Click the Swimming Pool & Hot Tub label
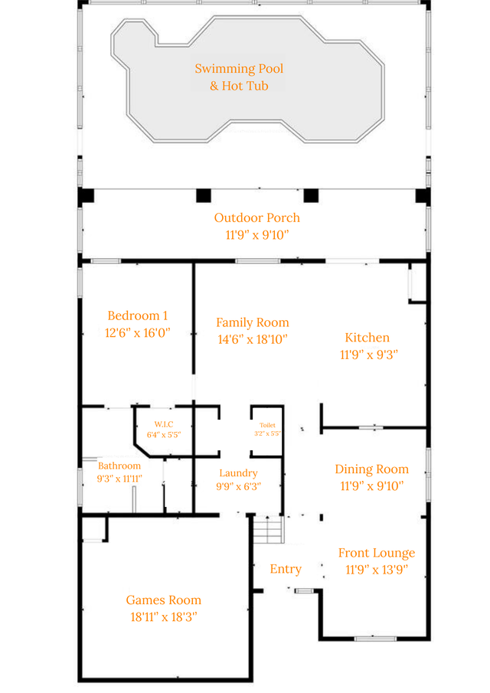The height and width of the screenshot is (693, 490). [239, 77]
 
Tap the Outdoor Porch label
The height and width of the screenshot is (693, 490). [257, 217]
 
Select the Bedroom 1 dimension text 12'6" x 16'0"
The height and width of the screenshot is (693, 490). [137, 332]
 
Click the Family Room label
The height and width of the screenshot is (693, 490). [253, 322]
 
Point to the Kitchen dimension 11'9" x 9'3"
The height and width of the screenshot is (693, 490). [369, 355]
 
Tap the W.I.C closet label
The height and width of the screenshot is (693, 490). [164, 424]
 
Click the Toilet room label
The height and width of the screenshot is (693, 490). [267, 425]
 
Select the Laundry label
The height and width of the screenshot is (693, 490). [239, 473]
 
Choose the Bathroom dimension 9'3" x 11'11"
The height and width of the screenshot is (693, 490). [119, 479]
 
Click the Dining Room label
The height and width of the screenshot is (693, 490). [371, 469]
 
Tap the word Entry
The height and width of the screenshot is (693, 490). [286, 569]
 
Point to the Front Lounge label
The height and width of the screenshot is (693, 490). [377, 553]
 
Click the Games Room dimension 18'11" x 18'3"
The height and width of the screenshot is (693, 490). [164, 616]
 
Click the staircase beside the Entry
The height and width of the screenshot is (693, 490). [268, 529]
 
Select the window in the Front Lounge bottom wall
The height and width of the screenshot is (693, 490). [375, 638]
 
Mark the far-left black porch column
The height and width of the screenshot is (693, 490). [87, 195]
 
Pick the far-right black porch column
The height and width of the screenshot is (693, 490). [423, 196]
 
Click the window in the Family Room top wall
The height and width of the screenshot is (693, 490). [257, 261]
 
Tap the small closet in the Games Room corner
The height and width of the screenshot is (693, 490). [93, 528]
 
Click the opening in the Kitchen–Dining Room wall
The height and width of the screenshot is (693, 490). [371, 427]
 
